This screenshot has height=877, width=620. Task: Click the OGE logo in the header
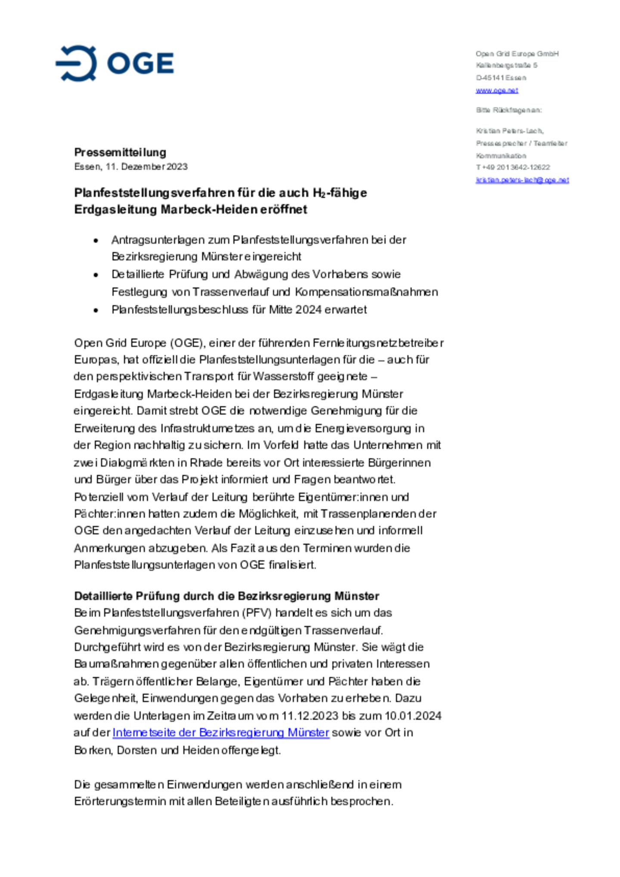pyautogui.click(x=115, y=63)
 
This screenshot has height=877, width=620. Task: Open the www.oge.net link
pyautogui.click(x=496, y=90)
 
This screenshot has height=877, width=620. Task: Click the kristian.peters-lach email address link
pyautogui.click(x=522, y=180)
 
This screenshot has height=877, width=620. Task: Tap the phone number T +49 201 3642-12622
pyautogui.click(x=513, y=167)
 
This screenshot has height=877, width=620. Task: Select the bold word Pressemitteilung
pyautogui.click(x=120, y=152)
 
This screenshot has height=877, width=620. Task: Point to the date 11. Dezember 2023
pyautogui.click(x=146, y=167)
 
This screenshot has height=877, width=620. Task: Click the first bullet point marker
pyautogui.click(x=96, y=241)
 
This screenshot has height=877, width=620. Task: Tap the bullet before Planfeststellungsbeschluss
pyautogui.click(x=96, y=310)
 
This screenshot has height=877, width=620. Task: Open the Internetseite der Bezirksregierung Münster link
pyautogui.click(x=221, y=732)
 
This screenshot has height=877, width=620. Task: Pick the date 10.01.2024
pyautogui.click(x=413, y=716)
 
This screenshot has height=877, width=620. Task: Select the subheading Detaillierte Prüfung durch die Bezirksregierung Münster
pyautogui.click(x=226, y=596)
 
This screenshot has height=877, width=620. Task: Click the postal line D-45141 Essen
pyautogui.click(x=501, y=78)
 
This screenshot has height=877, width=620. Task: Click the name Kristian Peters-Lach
pyautogui.click(x=509, y=131)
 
